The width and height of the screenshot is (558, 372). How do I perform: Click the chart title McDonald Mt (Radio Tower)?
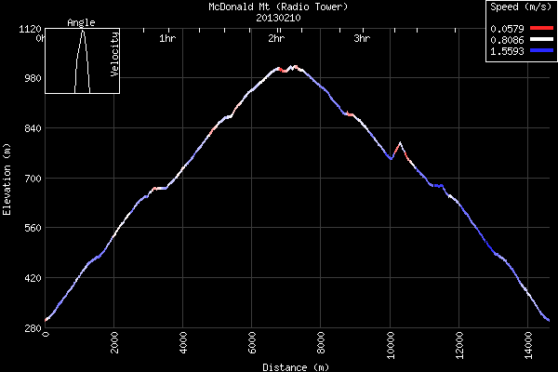pos(278,7)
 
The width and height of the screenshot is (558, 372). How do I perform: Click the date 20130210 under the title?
pos(278,17)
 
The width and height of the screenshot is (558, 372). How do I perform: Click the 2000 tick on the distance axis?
pos(114,343)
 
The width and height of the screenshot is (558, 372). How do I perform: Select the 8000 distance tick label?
pos(321,343)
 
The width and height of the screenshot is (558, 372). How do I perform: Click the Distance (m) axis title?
pos(295,366)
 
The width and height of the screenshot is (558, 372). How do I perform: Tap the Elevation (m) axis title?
pos(7,179)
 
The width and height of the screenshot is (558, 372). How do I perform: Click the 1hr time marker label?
pos(167,39)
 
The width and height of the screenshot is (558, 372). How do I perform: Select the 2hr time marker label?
pos(276,39)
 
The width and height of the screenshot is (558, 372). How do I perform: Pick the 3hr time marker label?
pos(363,39)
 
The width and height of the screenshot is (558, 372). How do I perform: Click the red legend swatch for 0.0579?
pos(538,29)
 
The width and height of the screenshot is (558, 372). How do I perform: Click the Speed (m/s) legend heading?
pos(521,7)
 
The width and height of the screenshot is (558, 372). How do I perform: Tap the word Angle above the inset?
pos(82,22)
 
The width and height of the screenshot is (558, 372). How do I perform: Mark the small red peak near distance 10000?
pos(400,143)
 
